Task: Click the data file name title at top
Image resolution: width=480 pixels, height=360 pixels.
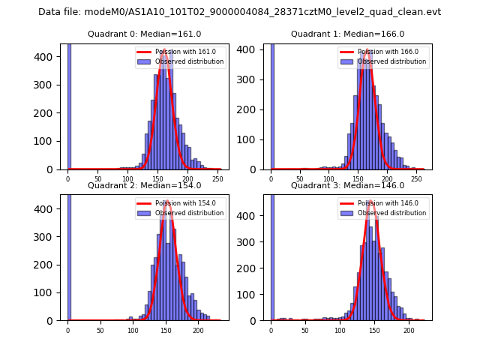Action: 239,12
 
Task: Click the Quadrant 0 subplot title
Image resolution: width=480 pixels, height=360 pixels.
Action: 144,34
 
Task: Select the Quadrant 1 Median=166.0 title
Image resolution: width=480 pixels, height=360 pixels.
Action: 347,34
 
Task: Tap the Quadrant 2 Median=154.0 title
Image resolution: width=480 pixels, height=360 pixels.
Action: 144,185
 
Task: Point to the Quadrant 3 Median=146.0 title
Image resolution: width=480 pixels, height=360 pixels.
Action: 347,185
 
